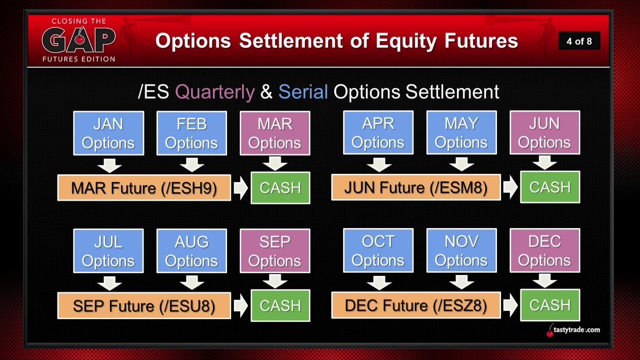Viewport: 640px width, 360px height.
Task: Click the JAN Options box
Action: click(108, 133)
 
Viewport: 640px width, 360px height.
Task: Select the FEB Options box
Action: click(191, 133)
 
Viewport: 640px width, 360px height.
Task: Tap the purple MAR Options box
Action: click(275, 133)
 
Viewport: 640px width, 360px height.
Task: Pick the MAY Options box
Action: click(461, 132)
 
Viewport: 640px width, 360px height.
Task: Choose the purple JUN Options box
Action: click(545, 132)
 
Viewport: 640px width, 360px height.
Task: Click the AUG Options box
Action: click(191, 251)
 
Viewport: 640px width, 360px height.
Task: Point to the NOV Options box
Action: click(461, 250)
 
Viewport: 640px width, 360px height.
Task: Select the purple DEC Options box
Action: click(545, 250)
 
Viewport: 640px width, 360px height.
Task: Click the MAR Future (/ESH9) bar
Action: click(144, 187)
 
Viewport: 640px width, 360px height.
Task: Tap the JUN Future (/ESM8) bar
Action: click(416, 187)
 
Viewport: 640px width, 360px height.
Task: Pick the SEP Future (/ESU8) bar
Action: click(144, 305)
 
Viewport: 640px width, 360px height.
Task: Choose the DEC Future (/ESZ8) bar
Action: click(416, 305)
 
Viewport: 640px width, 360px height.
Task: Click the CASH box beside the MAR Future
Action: click(280, 187)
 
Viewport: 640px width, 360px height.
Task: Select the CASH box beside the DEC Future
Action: click(550, 305)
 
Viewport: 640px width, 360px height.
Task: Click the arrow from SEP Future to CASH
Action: click(240, 305)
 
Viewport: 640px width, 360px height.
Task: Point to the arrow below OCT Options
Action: click(379, 282)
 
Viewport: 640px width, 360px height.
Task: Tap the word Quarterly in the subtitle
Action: click(214, 92)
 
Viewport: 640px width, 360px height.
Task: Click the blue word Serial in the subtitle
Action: click(303, 91)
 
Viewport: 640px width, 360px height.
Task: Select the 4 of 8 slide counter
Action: click(579, 41)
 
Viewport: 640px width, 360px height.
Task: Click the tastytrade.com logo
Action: click(573, 330)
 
